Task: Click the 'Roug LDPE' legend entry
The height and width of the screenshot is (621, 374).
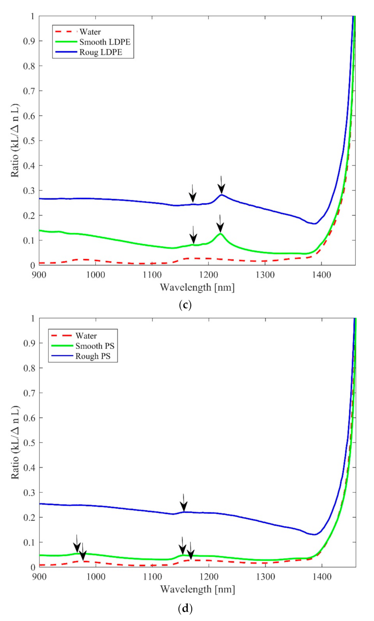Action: tap(101, 52)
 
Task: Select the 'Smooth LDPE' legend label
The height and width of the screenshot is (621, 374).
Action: tap(105, 42)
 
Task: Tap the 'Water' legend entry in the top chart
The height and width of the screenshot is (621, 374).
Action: tap(90, 32)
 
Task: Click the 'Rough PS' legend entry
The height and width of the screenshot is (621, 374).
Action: tap(93, 356)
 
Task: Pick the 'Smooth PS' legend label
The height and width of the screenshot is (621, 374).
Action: tap(95, 346)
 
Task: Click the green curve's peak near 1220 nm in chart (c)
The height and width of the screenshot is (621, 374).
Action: tap(220, 234)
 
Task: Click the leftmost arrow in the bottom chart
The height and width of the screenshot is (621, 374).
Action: tap(77, 543)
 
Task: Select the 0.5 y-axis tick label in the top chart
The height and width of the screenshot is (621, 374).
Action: tap(29, 141)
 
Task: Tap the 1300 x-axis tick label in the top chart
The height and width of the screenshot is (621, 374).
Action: tap(265, 275)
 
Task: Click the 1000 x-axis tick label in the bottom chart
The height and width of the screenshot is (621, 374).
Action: tap(96, 577)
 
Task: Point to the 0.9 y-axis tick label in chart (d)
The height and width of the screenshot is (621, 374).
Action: tap(29, 343)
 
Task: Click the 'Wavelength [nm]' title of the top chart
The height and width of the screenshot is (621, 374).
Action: tap(197, 287)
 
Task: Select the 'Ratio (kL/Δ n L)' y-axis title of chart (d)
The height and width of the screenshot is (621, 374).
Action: tap(15, 442)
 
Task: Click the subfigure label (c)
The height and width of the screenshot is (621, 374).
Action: tap(185, 305)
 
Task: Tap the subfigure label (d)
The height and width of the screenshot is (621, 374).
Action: tap(185, 608)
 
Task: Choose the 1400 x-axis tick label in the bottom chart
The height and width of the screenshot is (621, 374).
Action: tap(321, 577)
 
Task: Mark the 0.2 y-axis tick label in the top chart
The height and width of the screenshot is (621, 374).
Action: tap(29, 216)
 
